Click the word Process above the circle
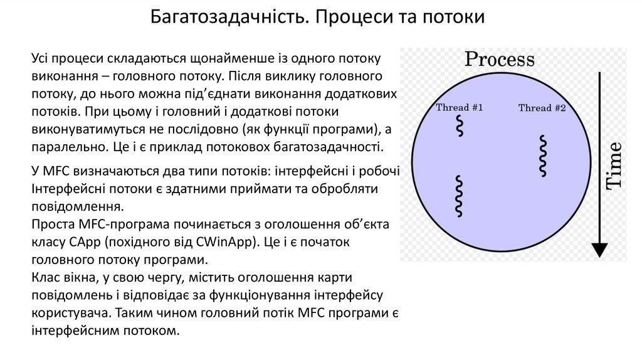(x=498, y=60)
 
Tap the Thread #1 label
(x=459, y=107)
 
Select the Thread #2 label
(x=542, y=108)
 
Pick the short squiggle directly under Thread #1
(x=460, y=126)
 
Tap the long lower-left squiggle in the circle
(x=460, y=196)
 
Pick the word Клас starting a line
(x=44, y=277)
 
